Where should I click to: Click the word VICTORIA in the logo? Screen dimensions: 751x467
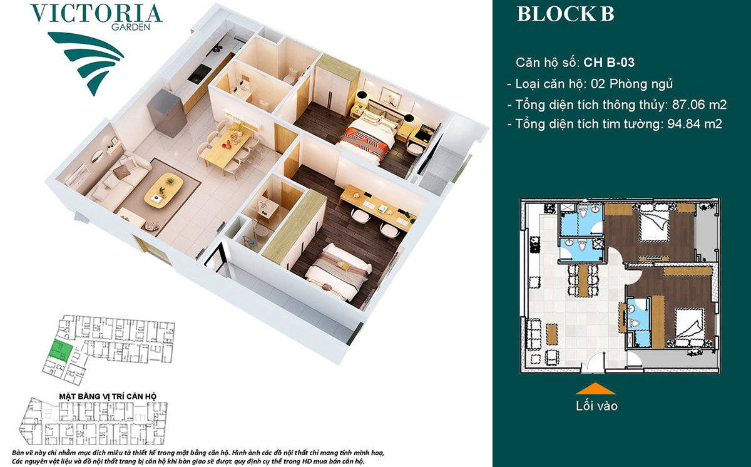96,13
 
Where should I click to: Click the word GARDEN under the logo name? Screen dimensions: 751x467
131,28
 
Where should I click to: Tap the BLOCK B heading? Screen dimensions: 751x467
566,14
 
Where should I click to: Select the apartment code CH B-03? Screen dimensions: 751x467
609,63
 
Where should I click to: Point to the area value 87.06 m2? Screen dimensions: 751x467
699,105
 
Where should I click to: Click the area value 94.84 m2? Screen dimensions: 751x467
694,124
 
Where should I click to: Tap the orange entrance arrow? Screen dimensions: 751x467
596,389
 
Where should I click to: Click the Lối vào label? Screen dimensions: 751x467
596,406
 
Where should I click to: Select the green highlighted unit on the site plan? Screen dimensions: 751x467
63,351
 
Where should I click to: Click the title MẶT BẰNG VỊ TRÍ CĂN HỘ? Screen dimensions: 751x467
108,396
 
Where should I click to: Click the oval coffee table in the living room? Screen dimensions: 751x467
163,189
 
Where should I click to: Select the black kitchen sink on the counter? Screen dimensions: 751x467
199,74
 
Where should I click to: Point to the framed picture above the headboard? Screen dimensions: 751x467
392,95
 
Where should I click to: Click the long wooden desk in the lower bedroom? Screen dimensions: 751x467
378,207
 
